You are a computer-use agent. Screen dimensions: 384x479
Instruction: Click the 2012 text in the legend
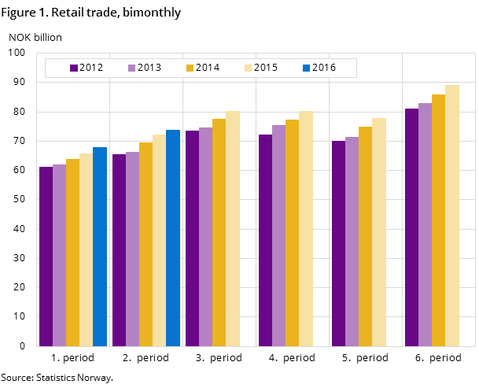(91, 68)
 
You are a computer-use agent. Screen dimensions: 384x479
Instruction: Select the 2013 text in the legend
(149, 68)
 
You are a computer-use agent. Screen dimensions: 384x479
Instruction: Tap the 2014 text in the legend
(208, 68)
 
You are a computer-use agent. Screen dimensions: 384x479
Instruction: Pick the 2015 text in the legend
(266, 68)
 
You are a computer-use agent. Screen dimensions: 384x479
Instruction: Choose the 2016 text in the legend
(324, 68)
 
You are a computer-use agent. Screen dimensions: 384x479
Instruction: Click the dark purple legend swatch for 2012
(74, 68)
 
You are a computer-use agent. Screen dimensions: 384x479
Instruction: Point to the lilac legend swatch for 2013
(132, 68)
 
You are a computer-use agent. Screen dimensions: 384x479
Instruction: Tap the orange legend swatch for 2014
(190, 68)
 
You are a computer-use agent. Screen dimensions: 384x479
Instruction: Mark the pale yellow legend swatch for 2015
(249, 68)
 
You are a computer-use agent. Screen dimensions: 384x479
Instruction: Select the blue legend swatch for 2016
(307, 68)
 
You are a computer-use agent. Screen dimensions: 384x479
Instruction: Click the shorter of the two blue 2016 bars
(100, 246)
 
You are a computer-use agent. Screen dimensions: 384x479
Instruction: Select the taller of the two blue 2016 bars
(173, 238)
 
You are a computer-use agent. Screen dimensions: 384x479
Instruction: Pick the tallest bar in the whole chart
(452, 216)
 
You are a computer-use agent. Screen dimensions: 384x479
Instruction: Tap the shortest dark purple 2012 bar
(46, 257)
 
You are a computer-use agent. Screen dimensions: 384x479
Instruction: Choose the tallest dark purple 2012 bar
(412, 227)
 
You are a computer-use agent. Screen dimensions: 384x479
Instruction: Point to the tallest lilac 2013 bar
(426, 224)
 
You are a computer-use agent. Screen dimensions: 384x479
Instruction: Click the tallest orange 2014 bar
(439, 220)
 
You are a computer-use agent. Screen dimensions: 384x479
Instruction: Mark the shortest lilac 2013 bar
(60, 255)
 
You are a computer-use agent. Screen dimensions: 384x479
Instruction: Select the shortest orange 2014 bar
(73, 253)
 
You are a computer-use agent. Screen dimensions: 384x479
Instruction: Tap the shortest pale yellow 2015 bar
(87, 249)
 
